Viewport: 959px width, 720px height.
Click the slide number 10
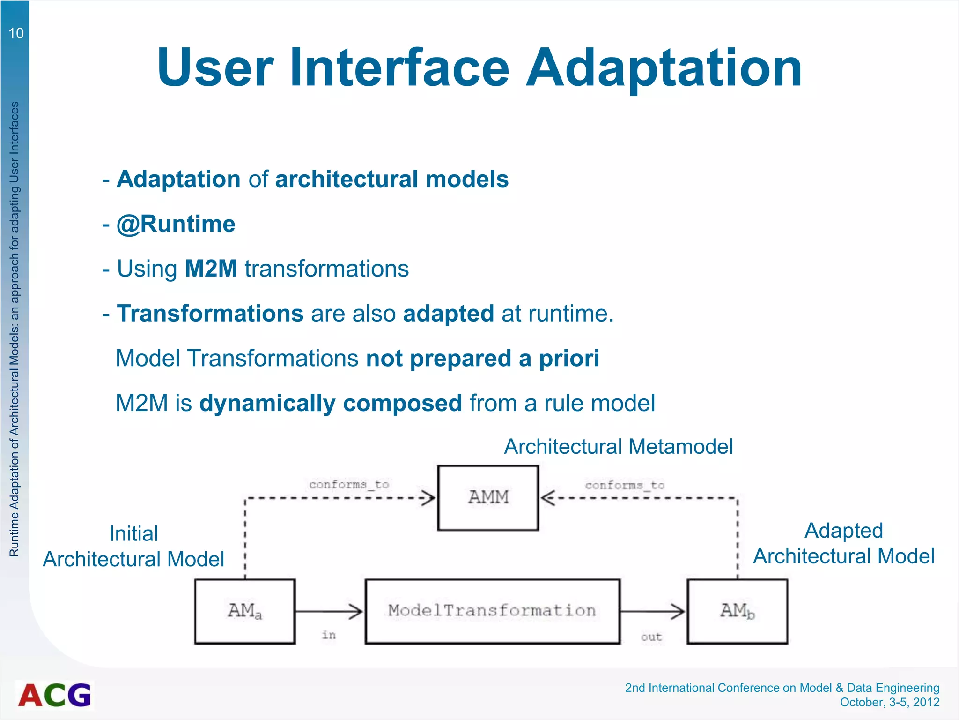click(x=16, y=33)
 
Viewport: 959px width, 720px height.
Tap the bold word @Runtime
click(x=176, y=224)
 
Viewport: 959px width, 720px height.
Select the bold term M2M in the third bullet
click(x=211, y=269)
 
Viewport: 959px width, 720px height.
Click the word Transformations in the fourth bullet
click(x=210, y=314)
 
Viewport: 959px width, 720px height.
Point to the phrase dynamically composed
click(x=331, y=404)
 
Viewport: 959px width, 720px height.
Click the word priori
click(x=569, y=359)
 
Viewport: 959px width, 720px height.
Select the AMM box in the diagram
click(x=488, y=497)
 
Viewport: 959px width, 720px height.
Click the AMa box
click(x=245, y=611)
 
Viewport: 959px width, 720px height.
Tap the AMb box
click(x=737, y=611)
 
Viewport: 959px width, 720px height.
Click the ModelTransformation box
click(x=492, y=611)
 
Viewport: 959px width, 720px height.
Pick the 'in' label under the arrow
click(x=329, y=635)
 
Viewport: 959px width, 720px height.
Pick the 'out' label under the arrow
click(x=651, y=637)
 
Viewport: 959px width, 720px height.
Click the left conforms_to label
click(x=349, y=484)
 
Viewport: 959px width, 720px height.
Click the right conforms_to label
click(x=625, y=485)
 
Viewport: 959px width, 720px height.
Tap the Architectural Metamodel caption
click(x=618, y=447)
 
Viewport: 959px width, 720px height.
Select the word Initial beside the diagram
click(x=133, y=533)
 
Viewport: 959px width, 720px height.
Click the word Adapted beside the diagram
click(x=843, y=531)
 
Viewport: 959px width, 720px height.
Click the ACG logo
click(x=55, y=695)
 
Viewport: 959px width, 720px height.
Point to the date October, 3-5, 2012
click(x=889, y=702)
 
